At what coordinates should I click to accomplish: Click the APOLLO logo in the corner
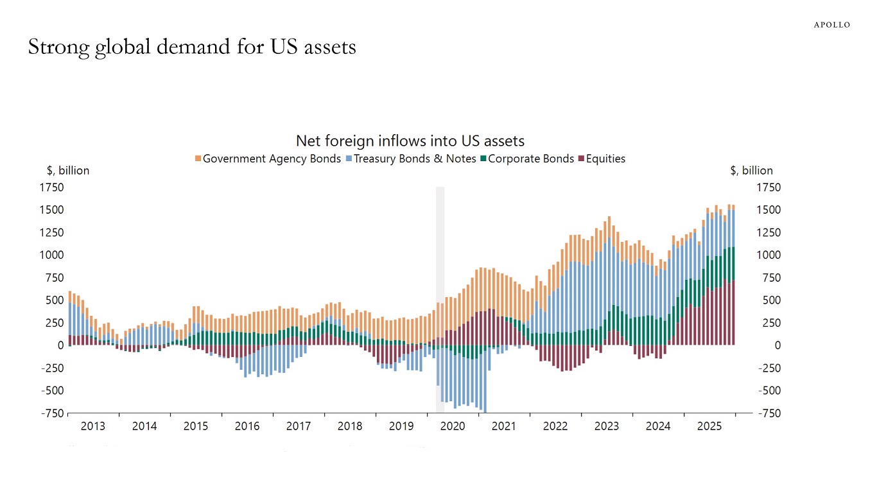831,25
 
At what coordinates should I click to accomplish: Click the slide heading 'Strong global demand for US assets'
192,47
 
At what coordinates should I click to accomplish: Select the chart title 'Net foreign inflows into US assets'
410,141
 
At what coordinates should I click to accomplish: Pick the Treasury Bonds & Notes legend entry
415,159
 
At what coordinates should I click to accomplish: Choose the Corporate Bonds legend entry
530,159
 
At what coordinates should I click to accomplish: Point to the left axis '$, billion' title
68,171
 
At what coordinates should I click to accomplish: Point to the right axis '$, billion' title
751,171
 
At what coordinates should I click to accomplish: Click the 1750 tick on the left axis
53,187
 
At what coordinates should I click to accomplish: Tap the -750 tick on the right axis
769,413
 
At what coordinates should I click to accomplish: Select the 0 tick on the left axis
60,345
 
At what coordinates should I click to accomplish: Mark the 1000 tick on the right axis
768,255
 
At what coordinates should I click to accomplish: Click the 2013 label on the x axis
93,426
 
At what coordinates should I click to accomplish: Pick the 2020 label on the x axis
453,426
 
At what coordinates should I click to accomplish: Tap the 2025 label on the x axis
709,426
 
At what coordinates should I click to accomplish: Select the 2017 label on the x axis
299,426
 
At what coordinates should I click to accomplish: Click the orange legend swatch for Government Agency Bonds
198,159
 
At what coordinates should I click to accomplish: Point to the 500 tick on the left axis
55,300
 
